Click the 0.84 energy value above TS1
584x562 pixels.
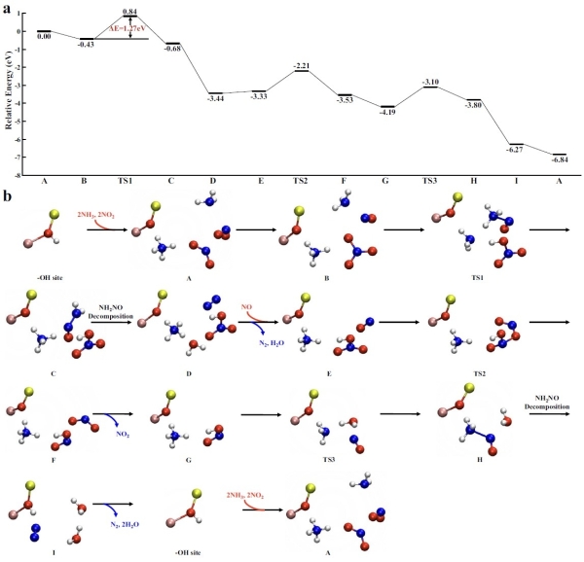[130, 12]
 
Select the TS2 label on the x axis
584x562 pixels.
[301, 181]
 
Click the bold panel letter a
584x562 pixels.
[8, 9]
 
